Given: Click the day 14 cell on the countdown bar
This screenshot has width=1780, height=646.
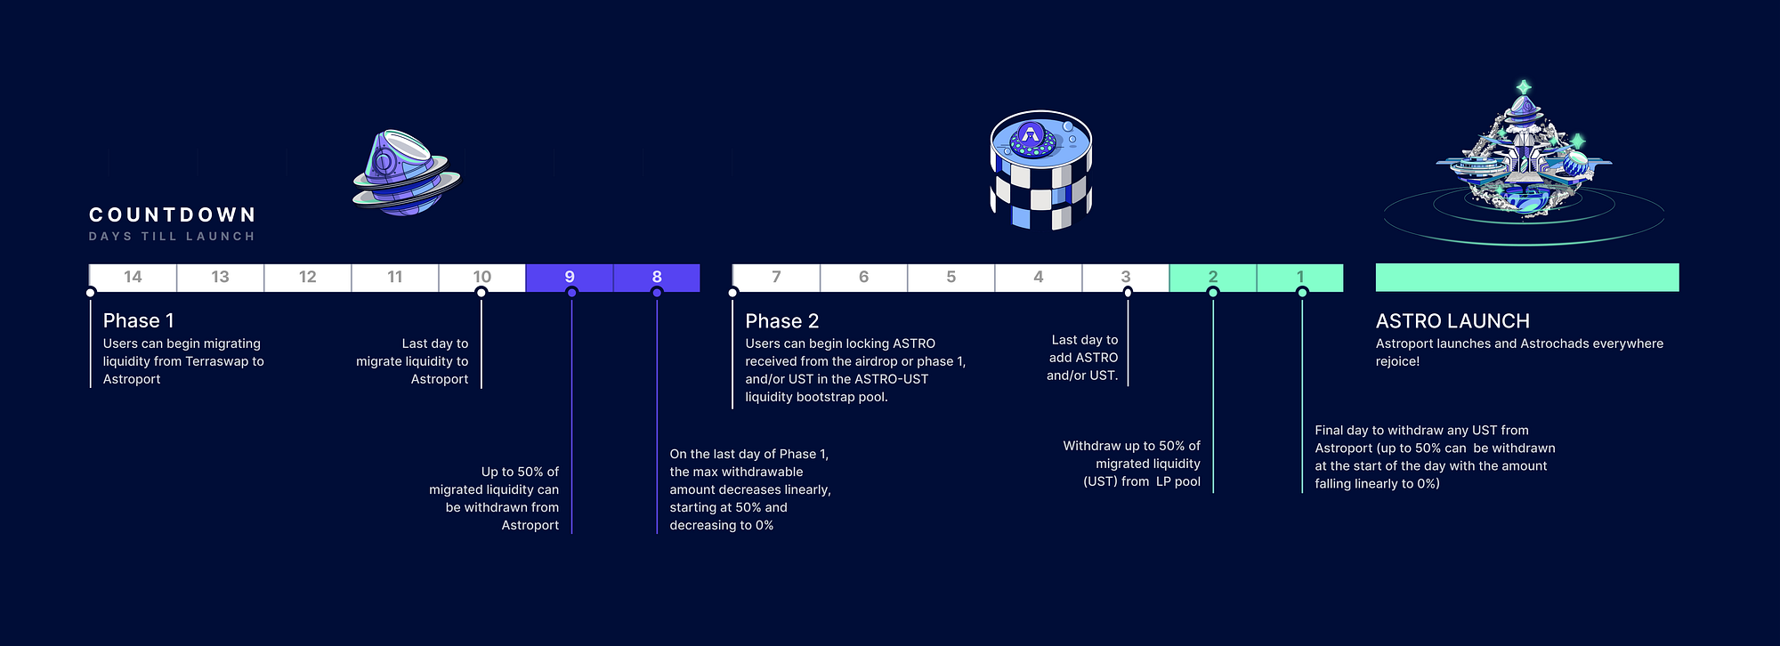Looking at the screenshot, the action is click(133, 277).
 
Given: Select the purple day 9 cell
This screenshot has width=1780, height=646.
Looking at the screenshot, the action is click(570, 277).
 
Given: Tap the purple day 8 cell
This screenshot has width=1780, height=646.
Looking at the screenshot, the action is click(657, 277).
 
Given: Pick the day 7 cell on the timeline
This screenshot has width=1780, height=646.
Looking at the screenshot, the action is click(776, 277).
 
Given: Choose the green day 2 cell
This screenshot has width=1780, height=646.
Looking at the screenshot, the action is click(1212, 277).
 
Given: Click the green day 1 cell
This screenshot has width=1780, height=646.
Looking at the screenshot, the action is click(1299, 277).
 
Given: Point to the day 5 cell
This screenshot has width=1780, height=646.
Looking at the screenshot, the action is click(951, 277).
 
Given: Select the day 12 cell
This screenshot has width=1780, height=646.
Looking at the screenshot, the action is click(307, 277).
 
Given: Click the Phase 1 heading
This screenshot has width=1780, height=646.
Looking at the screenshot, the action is click(138, 320).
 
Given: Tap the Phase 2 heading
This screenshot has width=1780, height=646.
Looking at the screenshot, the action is click(781, 320).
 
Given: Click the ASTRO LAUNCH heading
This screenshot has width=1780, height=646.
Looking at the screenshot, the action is click(1452, 320).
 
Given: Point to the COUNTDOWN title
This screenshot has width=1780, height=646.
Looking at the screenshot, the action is click(173, 214).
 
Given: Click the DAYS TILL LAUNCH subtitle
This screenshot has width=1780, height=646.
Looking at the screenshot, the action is click(172, 237).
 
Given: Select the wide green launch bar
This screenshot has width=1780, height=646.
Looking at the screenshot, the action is click(1527, 277).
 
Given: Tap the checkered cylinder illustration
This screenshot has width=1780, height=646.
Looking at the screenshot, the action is click(1040, 170).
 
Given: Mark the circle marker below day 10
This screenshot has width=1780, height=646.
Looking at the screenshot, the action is click(481, 293).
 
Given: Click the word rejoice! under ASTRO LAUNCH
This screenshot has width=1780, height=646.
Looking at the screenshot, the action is click(1397, 361).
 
